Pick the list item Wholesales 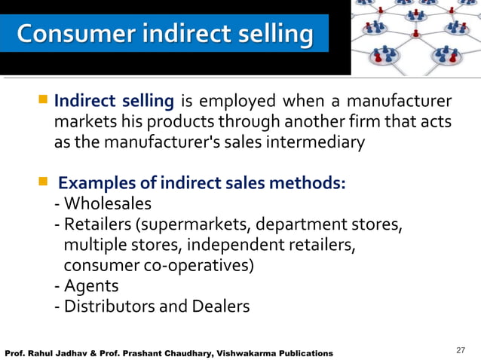tap(107, 204)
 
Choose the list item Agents tap(90, 286)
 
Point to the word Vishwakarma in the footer tap(223, 353)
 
